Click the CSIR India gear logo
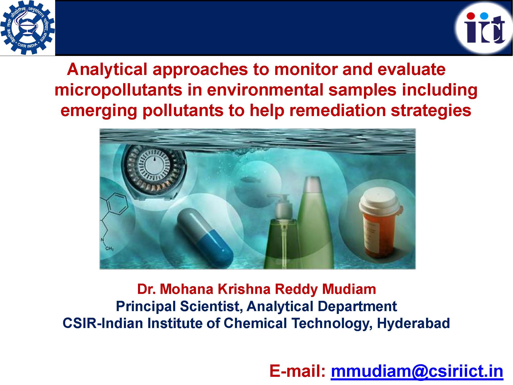point(27,27)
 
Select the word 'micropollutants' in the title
point(118,90)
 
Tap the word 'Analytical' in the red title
point(107,70)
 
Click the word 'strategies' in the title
point(431,111)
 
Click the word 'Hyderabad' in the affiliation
point(413,323)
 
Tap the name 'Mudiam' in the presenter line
point(349,289)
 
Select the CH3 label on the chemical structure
point(110,248)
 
